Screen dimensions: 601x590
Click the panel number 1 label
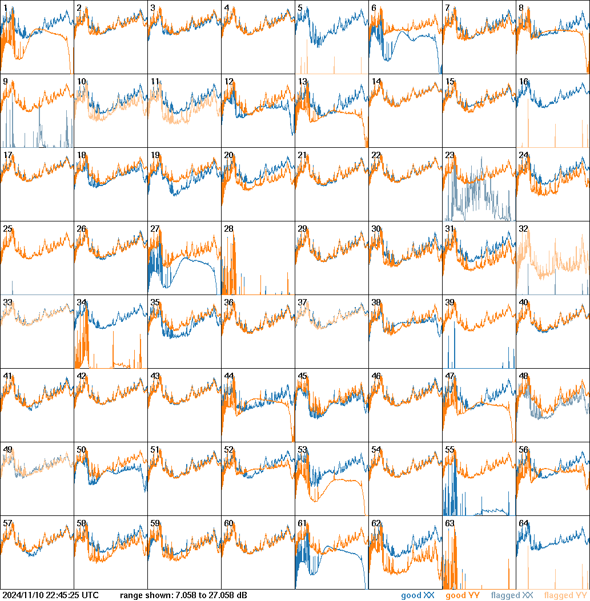coord(5,8)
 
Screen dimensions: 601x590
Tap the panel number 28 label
coord(228,229)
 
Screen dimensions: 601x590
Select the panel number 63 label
coord(449,523)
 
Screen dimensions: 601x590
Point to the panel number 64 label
coord(523,523)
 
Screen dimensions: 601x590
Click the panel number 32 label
coord(523,229)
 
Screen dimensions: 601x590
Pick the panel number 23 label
coord(449,155)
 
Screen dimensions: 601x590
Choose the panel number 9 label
coord(5,82)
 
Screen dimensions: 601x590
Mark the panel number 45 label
coord(302,376)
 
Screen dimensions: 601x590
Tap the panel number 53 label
coord(302,450)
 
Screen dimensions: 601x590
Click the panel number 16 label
coord(523,82)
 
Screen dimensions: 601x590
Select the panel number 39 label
coord(449,302)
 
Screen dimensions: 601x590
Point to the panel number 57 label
coord(7,523)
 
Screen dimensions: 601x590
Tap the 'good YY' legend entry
coord(463,596)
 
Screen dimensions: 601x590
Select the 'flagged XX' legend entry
coord(512,596)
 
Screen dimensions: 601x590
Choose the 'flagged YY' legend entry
coord(565,596)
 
